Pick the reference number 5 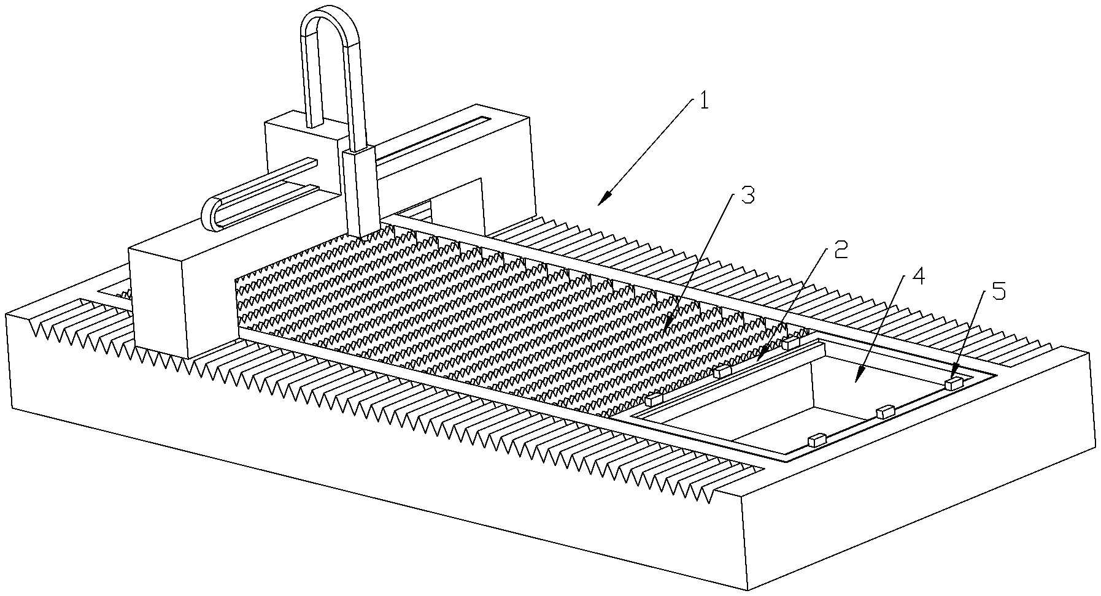pos(998,291)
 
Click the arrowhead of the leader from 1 pos(605,199)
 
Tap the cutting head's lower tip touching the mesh pos(362,234)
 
